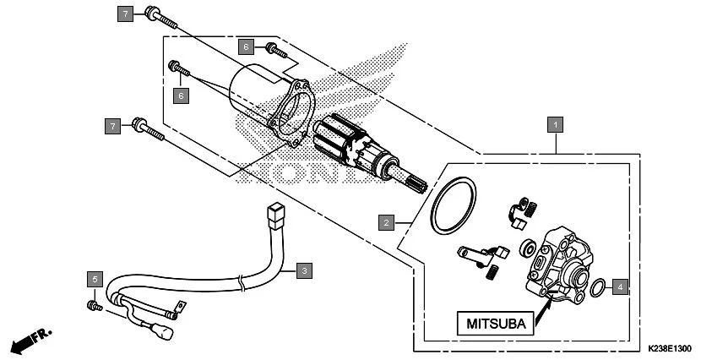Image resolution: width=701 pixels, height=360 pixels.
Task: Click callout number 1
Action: (555, 125)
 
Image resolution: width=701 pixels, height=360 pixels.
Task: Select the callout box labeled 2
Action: (386, 223)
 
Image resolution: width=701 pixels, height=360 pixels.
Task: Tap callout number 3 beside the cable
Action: (305, 270)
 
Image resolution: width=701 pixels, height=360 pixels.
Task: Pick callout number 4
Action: (620, 286)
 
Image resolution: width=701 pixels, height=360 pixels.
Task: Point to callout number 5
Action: (95, 279)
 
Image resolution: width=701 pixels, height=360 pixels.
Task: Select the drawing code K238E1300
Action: (670, 348)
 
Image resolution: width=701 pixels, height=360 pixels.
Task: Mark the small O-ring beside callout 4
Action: (597, 287)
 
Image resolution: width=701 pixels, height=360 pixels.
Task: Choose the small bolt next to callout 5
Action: (94, 304)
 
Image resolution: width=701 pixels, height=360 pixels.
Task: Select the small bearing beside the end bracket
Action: (529, 247)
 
